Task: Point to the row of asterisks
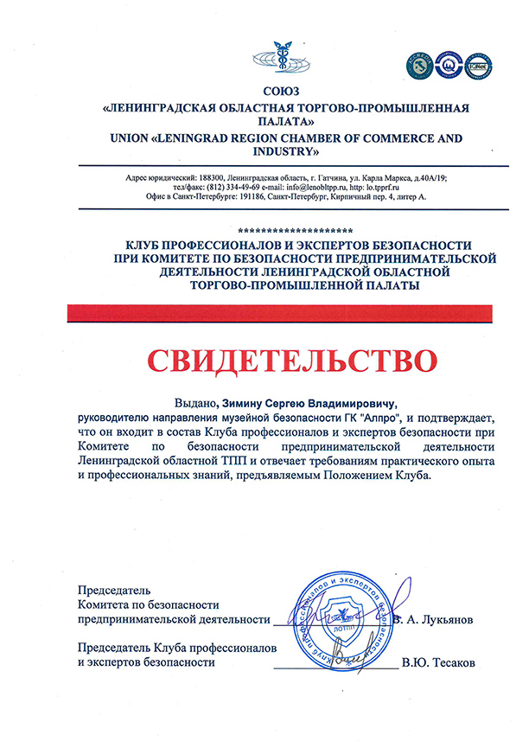(x=293, y=231)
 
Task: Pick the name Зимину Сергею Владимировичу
(x=309, y=402)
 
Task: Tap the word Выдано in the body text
(x=195, y=402)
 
